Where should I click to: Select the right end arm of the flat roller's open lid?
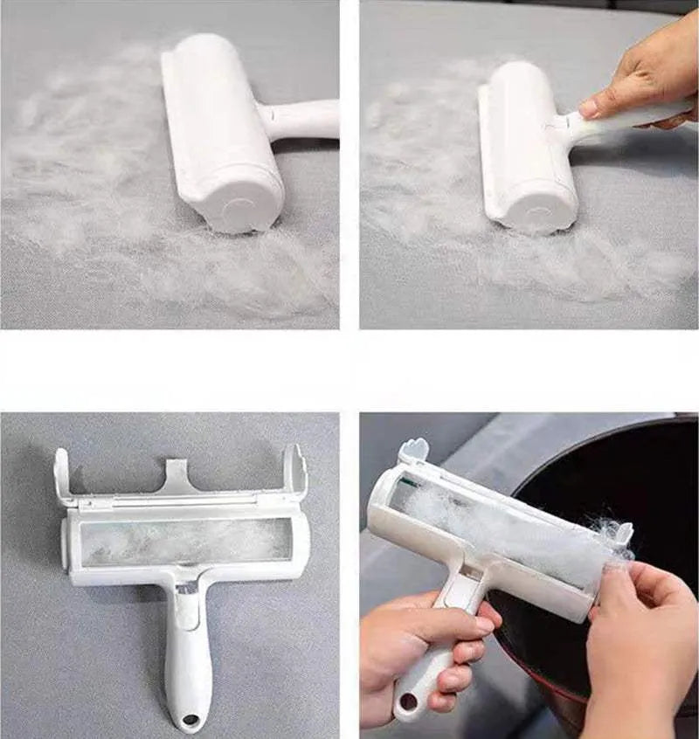click(295, 472)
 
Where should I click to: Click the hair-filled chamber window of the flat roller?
click(185, 541)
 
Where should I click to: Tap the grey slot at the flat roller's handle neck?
click(186, 591)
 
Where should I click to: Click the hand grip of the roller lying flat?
click(187, 664)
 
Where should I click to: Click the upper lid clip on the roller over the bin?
click(413, 452)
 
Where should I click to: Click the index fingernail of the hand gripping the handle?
click(483, 625)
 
